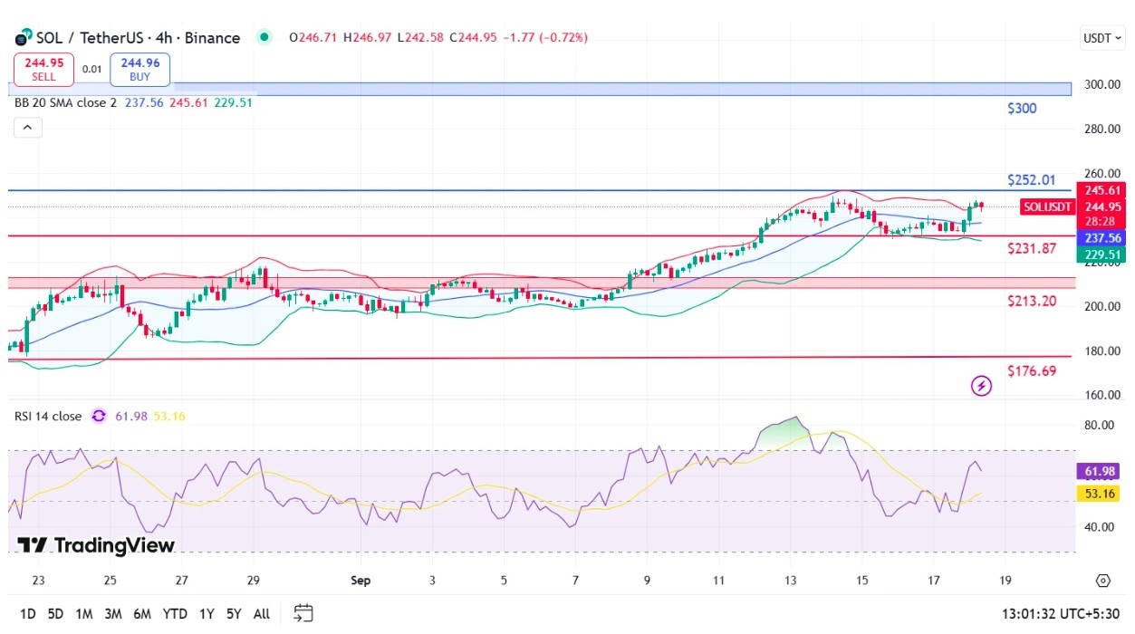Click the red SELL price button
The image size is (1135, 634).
(43, 70)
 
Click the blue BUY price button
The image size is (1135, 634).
(139, 70)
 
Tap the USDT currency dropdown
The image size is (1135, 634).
(1102, 38)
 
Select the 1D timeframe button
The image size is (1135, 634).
(27, 614)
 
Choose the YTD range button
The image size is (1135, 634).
(174, 614)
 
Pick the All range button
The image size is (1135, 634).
(262, 614)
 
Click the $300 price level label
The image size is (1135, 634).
(1022, 108)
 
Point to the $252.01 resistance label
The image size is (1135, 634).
(1031, 180)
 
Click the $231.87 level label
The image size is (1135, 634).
(1032, 248)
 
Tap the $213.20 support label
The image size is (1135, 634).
(1032, 301)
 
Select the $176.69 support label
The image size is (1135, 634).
(1032, 371)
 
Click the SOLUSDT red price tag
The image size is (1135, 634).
(1047, 207)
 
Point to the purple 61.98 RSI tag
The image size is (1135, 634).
(1100, 471)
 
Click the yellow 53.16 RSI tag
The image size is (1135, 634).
(1100, 493)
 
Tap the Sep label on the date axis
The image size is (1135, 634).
(361, 581)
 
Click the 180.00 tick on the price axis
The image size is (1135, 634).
(1102, 351)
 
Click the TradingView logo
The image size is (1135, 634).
(96, 545)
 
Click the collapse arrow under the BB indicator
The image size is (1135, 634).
(28, 127)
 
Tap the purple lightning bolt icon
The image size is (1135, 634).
(981, 386)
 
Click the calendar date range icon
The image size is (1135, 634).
(303, 613)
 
